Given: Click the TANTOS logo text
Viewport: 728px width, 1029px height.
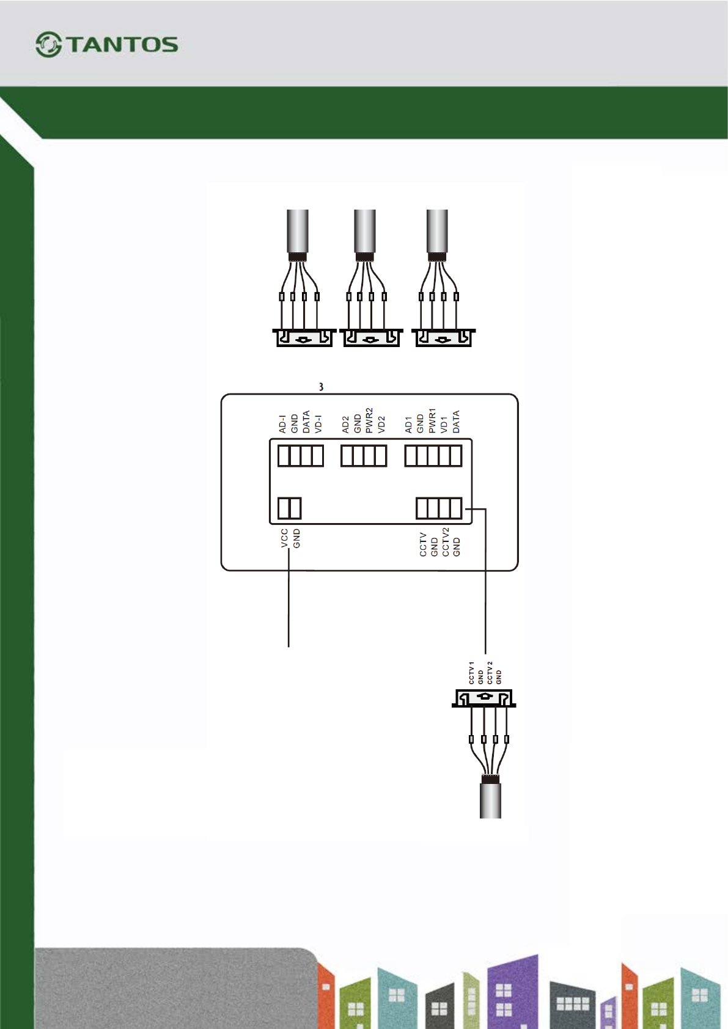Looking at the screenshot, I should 122,45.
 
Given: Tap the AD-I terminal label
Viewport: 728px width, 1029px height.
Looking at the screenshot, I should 282,424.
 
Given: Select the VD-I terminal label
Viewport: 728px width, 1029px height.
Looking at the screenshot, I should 318,424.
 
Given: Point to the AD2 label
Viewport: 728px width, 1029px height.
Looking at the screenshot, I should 345,424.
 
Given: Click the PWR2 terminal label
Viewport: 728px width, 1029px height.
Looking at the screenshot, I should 369,420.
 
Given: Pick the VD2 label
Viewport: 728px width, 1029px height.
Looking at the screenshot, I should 381,424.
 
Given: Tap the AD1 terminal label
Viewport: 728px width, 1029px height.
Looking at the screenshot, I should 408,425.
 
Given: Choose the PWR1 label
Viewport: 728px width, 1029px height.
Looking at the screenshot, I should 432,421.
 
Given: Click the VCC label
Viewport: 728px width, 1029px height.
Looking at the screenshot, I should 284,538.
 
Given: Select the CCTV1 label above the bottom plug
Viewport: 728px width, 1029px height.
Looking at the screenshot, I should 471,672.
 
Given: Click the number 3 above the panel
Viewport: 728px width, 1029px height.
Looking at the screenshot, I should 321,387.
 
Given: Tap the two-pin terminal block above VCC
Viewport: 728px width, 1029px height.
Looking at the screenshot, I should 290,508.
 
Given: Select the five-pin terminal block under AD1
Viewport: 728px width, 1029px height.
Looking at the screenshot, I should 433,456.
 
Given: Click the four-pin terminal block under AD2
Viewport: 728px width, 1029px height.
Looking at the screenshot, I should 364,456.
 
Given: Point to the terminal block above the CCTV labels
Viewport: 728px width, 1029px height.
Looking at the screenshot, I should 439,508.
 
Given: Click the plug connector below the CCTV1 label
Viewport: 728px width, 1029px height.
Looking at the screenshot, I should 484,698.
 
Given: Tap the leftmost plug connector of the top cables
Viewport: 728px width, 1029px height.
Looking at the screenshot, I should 304,338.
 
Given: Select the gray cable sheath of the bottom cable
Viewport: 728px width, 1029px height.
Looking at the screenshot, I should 490,801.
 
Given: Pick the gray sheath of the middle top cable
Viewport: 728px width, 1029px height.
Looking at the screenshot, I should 365,230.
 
